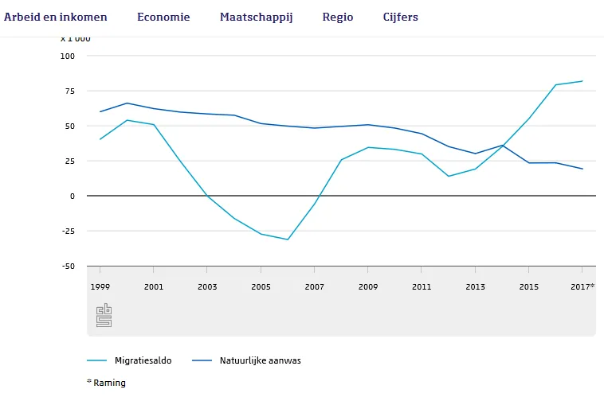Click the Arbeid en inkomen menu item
(x=55, y=17)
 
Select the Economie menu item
(x=163, y=17)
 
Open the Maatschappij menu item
(x=257, y=17)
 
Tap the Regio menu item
(x=338, y=17)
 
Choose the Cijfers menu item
(x=400, y=17)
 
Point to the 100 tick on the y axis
(x=67, y=56)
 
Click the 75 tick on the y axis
(x=69, y=91)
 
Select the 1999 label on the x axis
(x=100, y=286)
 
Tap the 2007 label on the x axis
(x=314, y=286)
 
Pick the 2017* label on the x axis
(x=582, y=286)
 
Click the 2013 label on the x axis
(x=475, y=286)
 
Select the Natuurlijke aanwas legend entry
(x=260, y=360)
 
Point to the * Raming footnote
(x=106, y=383)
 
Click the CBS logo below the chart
(x=104, y=315)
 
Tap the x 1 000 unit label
(x=76, y=38)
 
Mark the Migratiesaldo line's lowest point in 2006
(x=288, y=239)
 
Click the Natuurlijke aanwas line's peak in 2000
(x=127, y=103)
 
